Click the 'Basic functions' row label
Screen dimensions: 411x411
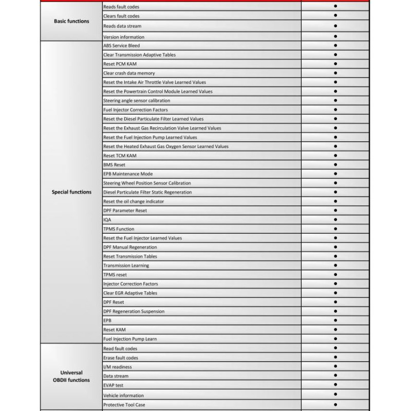71,22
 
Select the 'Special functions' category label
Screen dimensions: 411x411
71,192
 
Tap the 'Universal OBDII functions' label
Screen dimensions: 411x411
71,377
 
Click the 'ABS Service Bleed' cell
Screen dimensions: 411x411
121,46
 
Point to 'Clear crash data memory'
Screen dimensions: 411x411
129,73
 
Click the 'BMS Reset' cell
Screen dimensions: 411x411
114,165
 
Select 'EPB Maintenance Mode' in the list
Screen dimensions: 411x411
128,174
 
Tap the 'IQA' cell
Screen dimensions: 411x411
107,220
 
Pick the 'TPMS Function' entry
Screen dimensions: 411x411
119,229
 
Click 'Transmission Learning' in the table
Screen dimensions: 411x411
126,266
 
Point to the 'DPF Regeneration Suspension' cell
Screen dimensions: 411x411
134,311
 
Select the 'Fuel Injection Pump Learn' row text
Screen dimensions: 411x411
130,339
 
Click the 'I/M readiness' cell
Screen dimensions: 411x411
118,367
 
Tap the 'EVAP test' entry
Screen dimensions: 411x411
113,385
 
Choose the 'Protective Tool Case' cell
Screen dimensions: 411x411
124,404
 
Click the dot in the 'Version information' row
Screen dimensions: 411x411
335,36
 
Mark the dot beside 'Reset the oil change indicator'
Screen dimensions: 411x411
335,201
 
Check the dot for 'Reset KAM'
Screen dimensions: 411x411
335,329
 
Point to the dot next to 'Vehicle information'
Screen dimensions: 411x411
335,395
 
